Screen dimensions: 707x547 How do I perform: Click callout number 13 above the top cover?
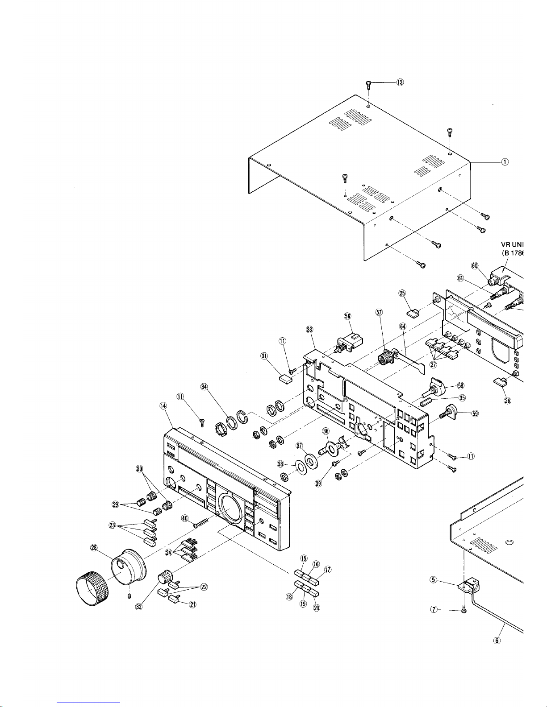click(x=399, y=83)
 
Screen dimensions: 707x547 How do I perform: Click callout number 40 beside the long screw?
click(x=185, y=518)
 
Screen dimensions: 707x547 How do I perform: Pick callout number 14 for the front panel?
click(x=163, y=405)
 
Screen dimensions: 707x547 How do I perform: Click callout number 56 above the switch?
click(x=347, y=315)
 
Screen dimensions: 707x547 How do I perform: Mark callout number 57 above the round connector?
click(x=379, y=313)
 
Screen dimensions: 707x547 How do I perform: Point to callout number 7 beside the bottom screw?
click(x=433, y=610)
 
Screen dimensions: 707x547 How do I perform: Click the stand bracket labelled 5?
click(x=468, y=587)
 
